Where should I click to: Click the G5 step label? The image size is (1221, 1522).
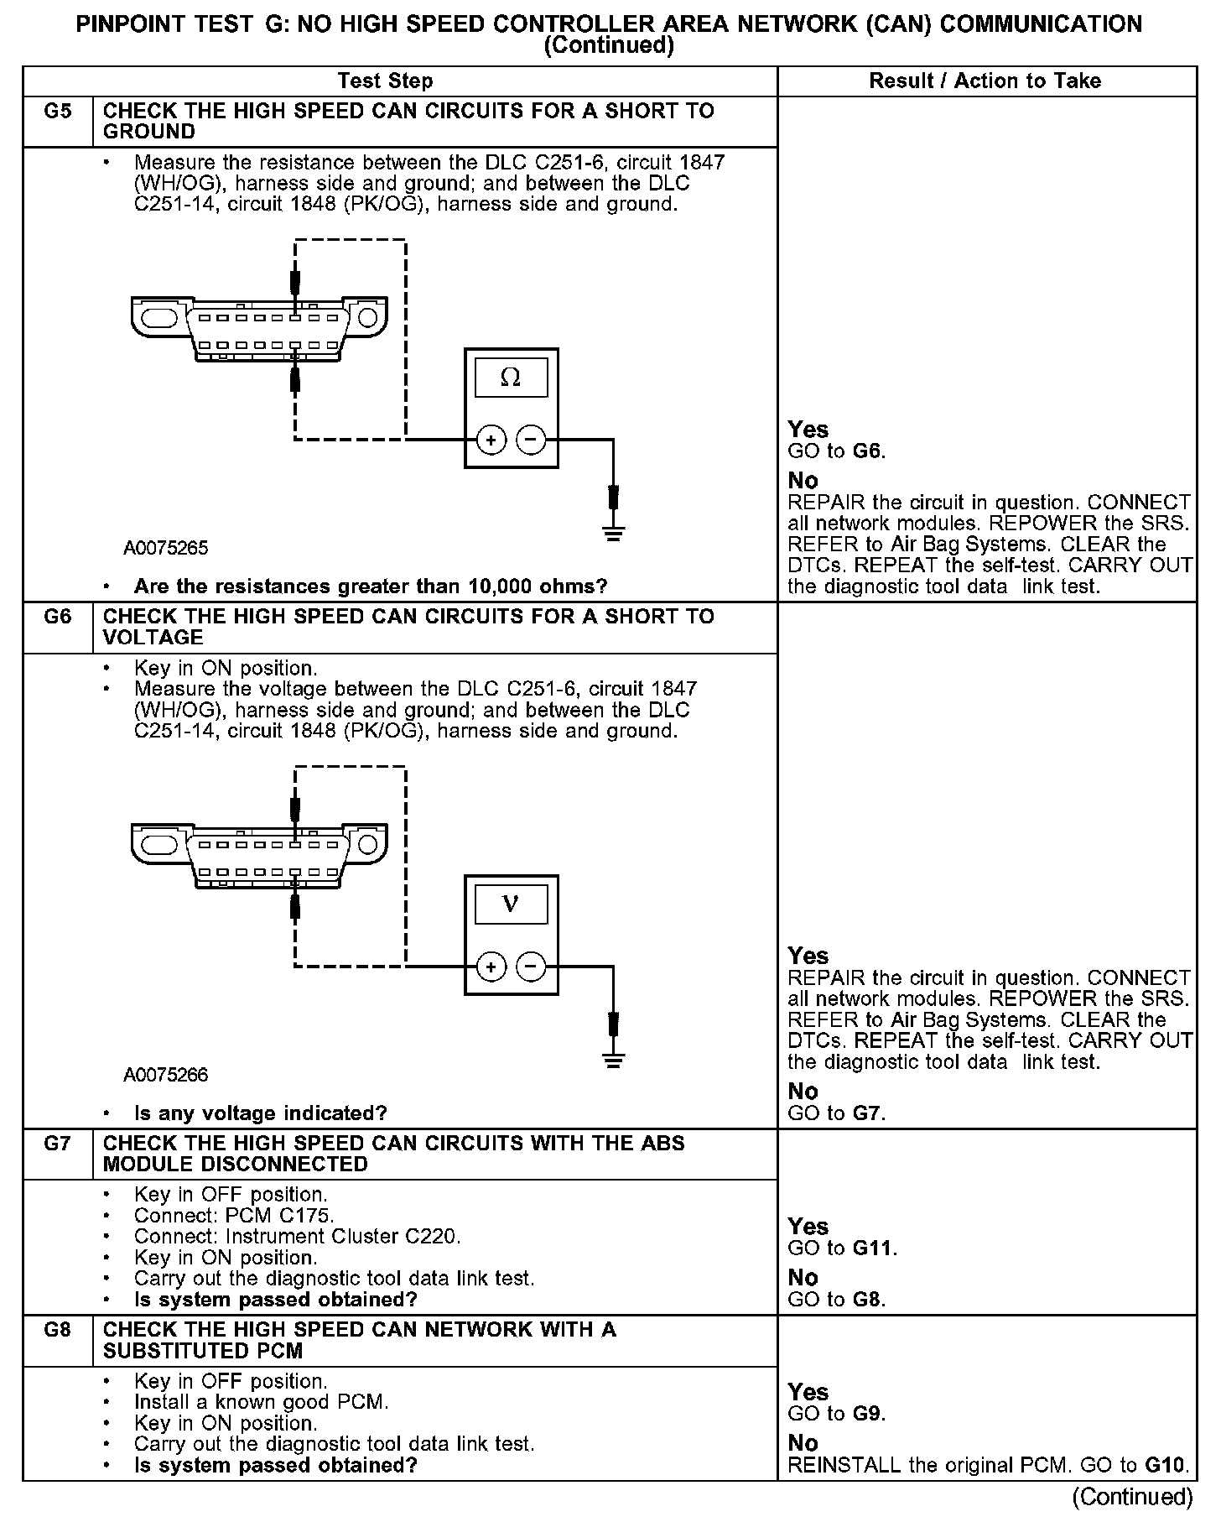(x=57, y=112)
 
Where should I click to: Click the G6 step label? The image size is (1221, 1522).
(x=57, y=617)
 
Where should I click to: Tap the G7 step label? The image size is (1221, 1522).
(x=57, y=1144)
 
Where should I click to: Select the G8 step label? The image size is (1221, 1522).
(x=57, y=1330)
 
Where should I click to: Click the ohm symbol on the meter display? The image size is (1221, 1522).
(x=511, y=378)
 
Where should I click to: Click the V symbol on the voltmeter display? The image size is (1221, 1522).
(x=511, y=904)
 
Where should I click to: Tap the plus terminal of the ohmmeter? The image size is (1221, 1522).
(x=491, y=440)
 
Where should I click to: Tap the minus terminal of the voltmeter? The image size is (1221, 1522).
(x=531, y=967)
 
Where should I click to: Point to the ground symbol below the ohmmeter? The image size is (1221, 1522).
(x=614, y=533)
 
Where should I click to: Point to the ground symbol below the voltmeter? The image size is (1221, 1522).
(x=614, y=1060)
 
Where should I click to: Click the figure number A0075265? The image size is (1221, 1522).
(x=165, y=549)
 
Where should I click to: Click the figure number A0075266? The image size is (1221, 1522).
(x=165, y=1076)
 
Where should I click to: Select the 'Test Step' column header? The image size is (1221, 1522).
(x=385, y=81)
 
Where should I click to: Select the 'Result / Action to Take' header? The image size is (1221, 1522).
(x=985, y=81)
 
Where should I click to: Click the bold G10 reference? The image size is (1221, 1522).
(x=1166, y=1466)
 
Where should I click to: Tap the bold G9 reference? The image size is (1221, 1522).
(x=868, y=1414)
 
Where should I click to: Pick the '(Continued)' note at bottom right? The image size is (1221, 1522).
(x=1132, y=1497)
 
